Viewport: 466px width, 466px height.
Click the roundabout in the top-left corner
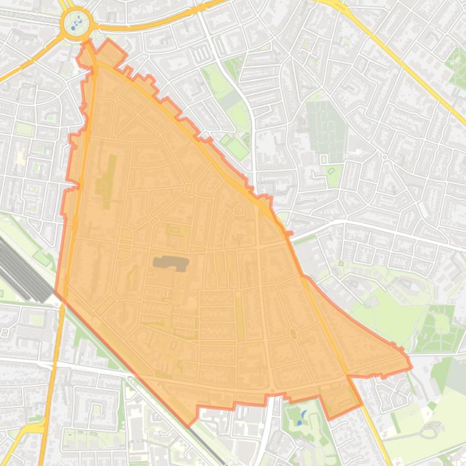pyautogui.click(x=76, y=24)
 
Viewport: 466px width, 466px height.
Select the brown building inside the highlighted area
pyautogui.click(x=171, y=262)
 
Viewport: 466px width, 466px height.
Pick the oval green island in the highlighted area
pyautogui.click(x=293, y=333)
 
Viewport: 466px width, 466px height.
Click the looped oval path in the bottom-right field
pyautogui.click(x=429, y=431)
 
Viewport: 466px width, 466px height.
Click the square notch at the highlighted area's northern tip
pyautogui.click(x=109, y=51)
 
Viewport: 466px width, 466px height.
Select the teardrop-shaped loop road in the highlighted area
pyautogui.click(x=239, y=211)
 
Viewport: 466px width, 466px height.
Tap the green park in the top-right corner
pyautogui.click(x=457, y=64)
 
